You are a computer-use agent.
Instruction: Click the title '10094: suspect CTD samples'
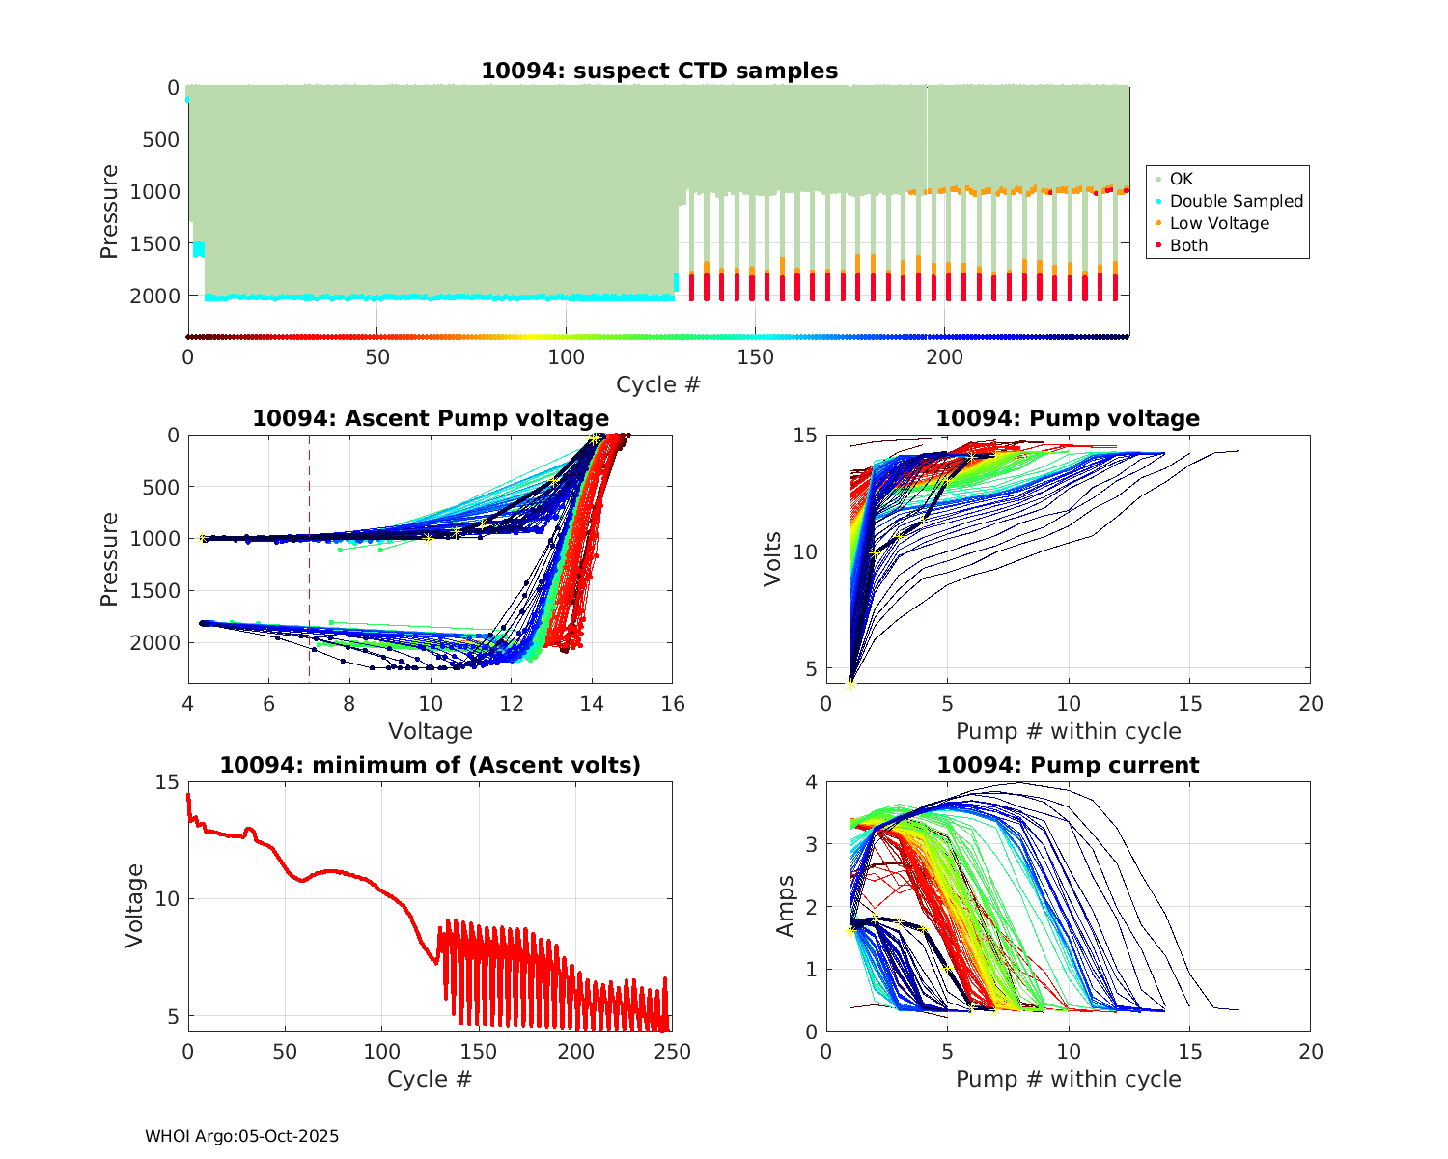[x=659, y=71]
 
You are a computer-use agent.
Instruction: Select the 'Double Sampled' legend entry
[x=1236, y=201]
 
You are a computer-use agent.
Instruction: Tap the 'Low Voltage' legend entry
[x=1218, y=223]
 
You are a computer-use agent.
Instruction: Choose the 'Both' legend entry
[x=1188, y=245]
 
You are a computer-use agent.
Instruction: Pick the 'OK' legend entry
[x=1181, y=179]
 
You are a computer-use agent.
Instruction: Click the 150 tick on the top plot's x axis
[x=755, y=357]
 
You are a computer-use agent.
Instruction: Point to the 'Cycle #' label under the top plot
[x=658, y=384]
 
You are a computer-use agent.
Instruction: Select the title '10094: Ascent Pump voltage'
[x=431, y=418]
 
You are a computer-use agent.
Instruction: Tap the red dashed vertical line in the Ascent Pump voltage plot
[x=309, y=599]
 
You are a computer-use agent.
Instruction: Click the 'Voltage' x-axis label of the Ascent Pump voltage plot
[x=431, y=731]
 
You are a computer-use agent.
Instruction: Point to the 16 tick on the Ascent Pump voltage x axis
[x=673, y=704]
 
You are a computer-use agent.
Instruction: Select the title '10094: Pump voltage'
[x=1068, y=418]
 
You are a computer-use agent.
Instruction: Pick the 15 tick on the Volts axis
[x=804, y=436]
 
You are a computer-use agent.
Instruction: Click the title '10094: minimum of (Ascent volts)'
[x=431, y=765]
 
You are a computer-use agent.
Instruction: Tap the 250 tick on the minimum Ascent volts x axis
[x=673, y=1052]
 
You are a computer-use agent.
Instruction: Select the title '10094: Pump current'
[x=1068, y=765]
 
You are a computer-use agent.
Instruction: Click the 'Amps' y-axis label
[x=786, y=906]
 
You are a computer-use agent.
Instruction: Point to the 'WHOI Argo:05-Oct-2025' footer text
[x=241, y=1136]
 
